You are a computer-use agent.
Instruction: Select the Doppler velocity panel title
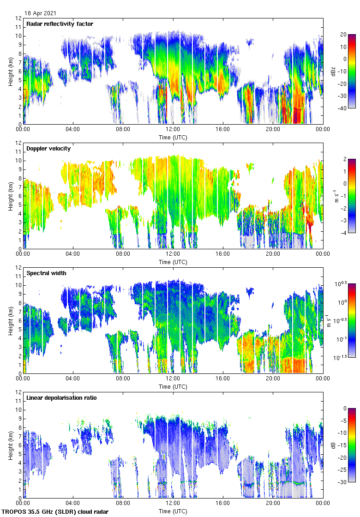pyautogui.click(x=47, y=149)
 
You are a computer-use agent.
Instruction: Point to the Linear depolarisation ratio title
pyautogui.click(x=61, y=398)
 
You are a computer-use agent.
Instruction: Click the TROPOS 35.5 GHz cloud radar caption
pyautogui.click(x=55, y=512)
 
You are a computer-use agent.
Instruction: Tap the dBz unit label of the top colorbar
pyautogui.click(x=333, y=72)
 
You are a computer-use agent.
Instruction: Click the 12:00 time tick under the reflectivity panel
pyautogui.click(x=173, y=130)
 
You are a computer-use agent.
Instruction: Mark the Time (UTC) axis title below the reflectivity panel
pyautogui.click(x=173, y=137)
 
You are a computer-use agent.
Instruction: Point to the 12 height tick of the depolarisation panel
pyautogui.click(x=18, y=392)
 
